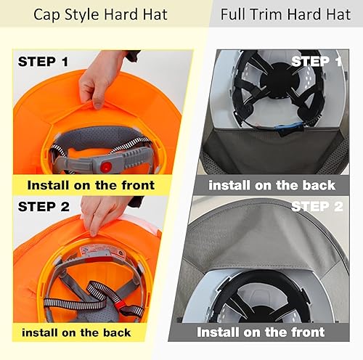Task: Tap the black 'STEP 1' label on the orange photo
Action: click(43, 62)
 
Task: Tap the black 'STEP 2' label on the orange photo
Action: click(43, 205)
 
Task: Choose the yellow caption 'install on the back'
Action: click(76, 332)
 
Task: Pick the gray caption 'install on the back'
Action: click(272, 184)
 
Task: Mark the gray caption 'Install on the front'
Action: click(261, 332)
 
